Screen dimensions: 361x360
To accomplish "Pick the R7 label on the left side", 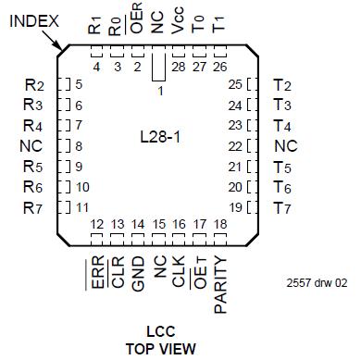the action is point(32,206).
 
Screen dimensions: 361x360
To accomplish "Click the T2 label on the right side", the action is point(282,85).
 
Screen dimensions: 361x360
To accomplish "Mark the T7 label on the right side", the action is point(282,206).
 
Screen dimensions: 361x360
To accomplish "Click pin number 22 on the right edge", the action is point(235,145).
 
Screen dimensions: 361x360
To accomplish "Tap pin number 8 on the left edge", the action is point(80,145).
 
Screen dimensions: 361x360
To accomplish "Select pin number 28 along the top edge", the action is point(178,66).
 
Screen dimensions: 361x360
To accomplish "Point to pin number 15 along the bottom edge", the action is point(158,225).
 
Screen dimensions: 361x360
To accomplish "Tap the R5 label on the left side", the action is point(32,167).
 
